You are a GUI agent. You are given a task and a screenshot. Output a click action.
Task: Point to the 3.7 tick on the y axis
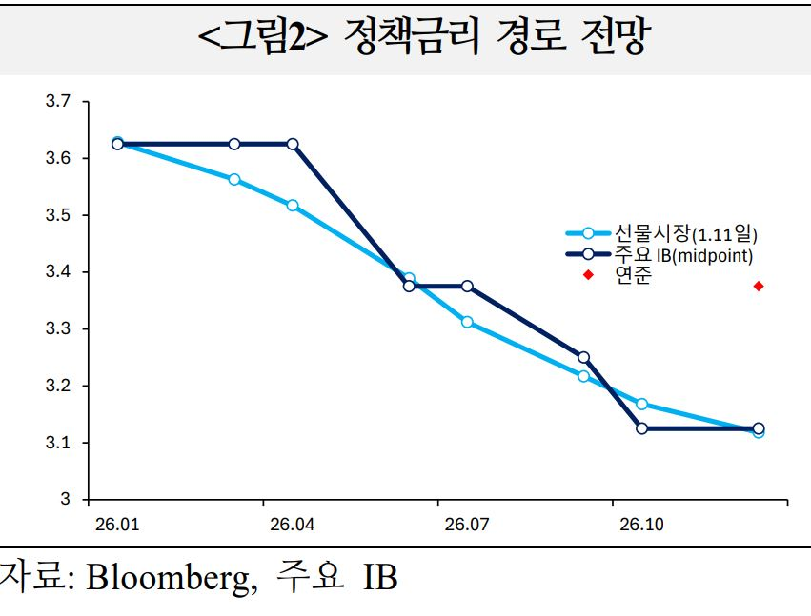(x=58, y=101)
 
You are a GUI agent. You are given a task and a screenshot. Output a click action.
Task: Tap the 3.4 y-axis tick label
(x=58, y=272)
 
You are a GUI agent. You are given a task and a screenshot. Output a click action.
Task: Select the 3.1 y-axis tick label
(x=58, y=443)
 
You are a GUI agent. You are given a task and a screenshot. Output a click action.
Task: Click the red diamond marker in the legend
(x=588, y=275)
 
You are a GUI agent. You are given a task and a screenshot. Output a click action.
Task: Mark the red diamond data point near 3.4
(x=759, y=286)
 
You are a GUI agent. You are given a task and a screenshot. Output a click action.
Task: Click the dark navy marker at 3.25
(x=583, y=358)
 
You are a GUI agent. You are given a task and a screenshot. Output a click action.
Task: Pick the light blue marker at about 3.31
(x=467, y=322)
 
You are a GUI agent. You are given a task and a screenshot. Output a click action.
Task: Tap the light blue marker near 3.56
(x=234, y=179)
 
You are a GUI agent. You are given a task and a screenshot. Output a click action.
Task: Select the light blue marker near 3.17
(x=641, y=404)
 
